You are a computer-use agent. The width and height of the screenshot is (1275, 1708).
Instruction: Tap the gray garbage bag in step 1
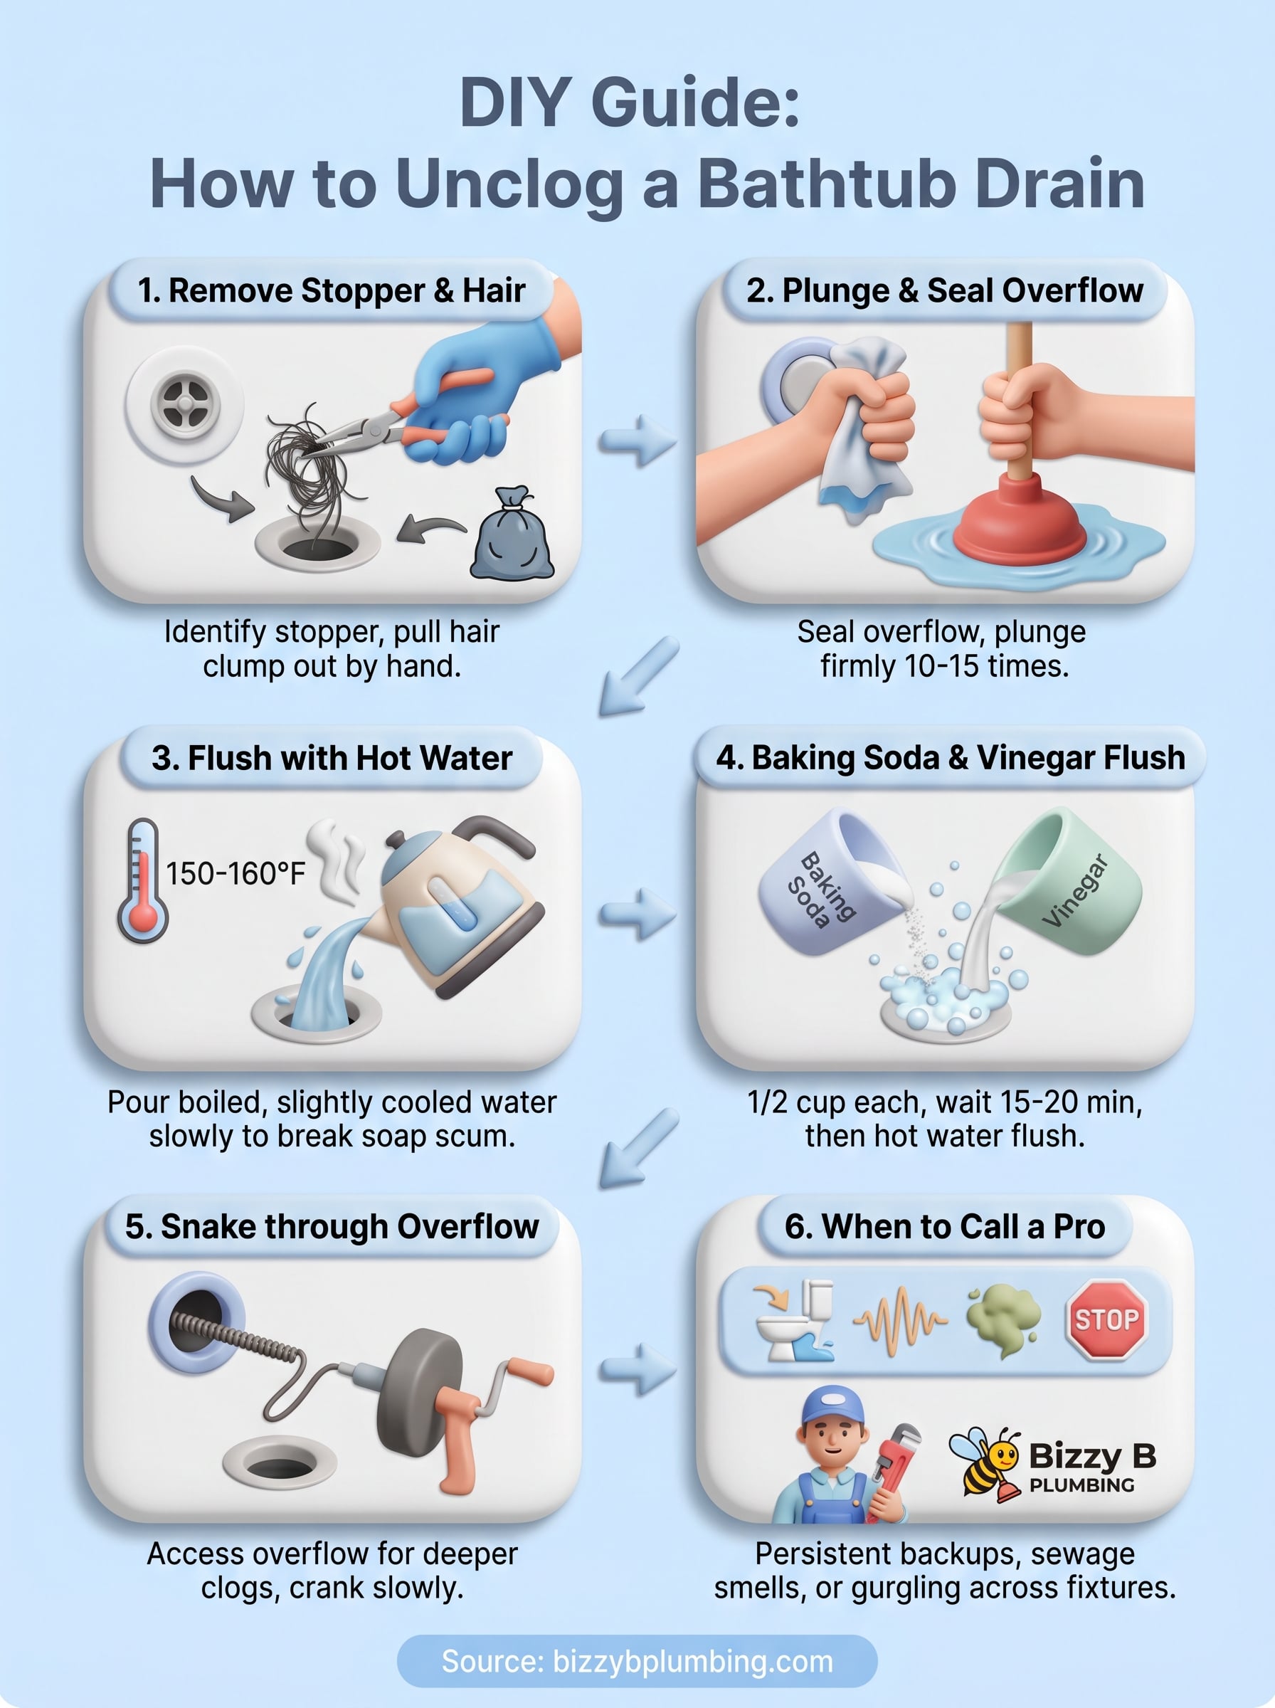pyautogui.click(x=512, y=537)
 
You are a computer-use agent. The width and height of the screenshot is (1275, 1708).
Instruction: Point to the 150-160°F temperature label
pyautogui.click(x=236, y=874)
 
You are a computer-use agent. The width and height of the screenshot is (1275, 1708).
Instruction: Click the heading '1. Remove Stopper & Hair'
pyautogui.click(x=331, y=290)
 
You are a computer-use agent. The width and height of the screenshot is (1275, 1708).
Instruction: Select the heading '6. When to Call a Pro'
pyautogui.click(x=945, y=1226)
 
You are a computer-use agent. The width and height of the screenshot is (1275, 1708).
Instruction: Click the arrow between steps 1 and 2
pyautogui.click(x=637, y=441)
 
